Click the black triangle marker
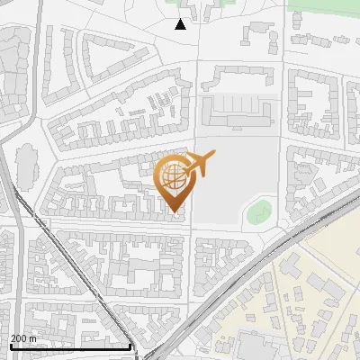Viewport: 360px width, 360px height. (x=181, y=24)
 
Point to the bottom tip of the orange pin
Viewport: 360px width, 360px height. (x=174, y=211)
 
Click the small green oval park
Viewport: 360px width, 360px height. (x=259, y=214)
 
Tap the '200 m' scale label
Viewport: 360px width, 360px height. (x=23, y=338)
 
